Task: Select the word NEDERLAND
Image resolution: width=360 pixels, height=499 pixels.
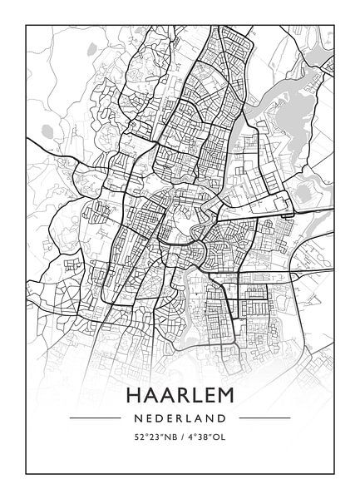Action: click(x=180, y=417)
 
